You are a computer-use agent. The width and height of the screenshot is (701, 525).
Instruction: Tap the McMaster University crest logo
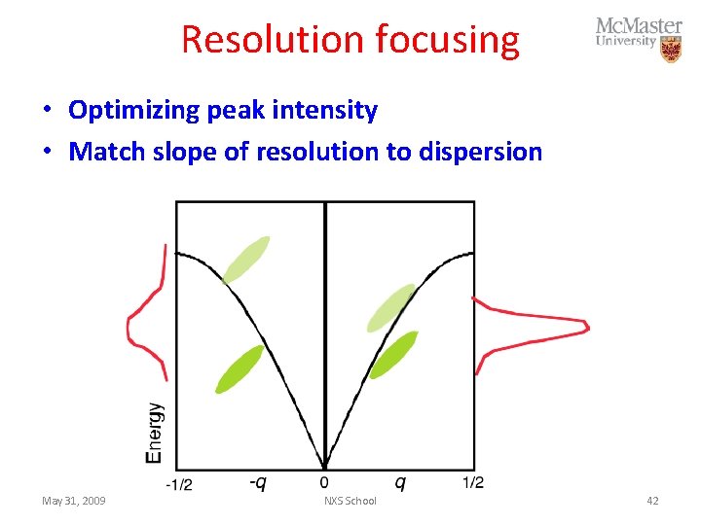(670, 50)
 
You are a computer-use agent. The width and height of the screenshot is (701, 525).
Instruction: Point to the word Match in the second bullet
(103, 152)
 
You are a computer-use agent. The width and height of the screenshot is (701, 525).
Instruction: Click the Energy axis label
(155, 433)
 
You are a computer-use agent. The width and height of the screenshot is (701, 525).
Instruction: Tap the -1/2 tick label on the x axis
(178, 483)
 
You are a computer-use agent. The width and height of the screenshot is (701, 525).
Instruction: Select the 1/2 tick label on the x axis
(473, 482)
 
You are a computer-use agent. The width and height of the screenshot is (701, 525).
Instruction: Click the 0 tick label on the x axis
(325, 482)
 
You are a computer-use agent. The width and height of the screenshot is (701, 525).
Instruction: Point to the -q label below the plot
(257, 482)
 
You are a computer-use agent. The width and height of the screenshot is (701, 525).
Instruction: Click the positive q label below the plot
(399, 482)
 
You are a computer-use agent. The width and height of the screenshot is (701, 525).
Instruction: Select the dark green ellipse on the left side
(239, 369)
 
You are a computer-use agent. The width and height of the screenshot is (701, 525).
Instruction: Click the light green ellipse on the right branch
(391, 307)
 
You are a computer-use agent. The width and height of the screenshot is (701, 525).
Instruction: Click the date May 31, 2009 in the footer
(74, 501)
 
